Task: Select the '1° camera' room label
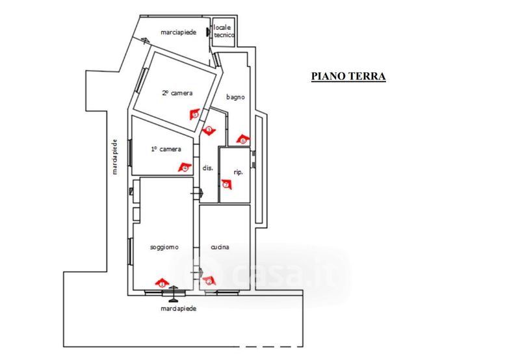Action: pyautogui.click(x=166, y=149)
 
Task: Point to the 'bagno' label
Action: pyautogui.click(x=235, y=97)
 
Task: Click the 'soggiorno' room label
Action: pyautogui.click(x=164, y=248)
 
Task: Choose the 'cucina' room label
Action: pyautogui.click(x=221, y=248)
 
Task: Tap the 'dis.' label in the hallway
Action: pyautogui.click(x=208, y=168)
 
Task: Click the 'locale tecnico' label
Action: pyautogui.click(x=224, y=31)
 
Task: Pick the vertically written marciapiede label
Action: pyautogui.click(x=114, y=157)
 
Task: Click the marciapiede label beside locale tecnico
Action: pyautogui.click(x=178, y=32)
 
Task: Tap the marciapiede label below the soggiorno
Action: pyautogui.click(x=178, y=309)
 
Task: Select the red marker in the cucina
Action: pyautogui.click(x=209, y=281)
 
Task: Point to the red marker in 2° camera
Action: pyautogui.click(x=194, y=114)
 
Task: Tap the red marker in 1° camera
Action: pyautogui.click(x=185, y=168)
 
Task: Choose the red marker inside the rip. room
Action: pyautogui.click(x=226, y=184)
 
